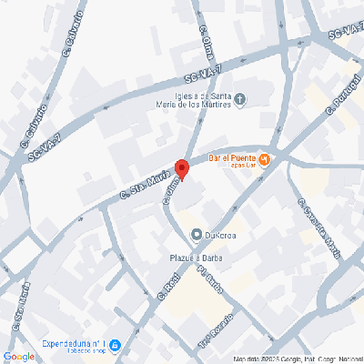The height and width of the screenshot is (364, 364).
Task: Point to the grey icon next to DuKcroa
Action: click(x=196, y=236)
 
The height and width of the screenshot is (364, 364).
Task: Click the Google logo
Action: click(x=19, y=356)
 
